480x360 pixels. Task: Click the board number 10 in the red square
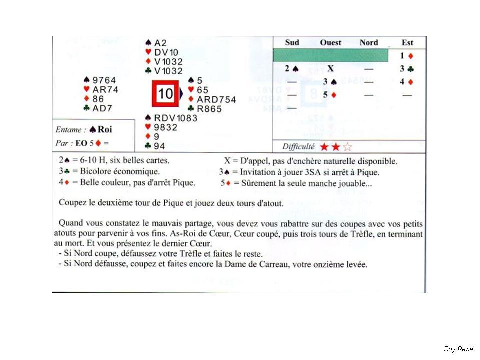pyautogui.click(x=165, y=93)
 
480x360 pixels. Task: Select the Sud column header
pyautogui.click(x=293, y=43)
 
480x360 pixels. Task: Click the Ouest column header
pyautogui.click(x=330, y=43)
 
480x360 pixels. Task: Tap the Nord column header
pyautogui.click(x=369, y=43)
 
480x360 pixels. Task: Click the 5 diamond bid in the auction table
pyautogui.click(x=329, y=94)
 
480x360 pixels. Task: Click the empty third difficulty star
pyautogui.click(x=348, y=147)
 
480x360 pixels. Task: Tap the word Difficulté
pyautogui.click(x=298, y=147)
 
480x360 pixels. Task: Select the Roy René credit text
pyautogui.click(x=458, y=349)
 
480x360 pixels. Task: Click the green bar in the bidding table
pyautogui.click(x=331, y=55)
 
